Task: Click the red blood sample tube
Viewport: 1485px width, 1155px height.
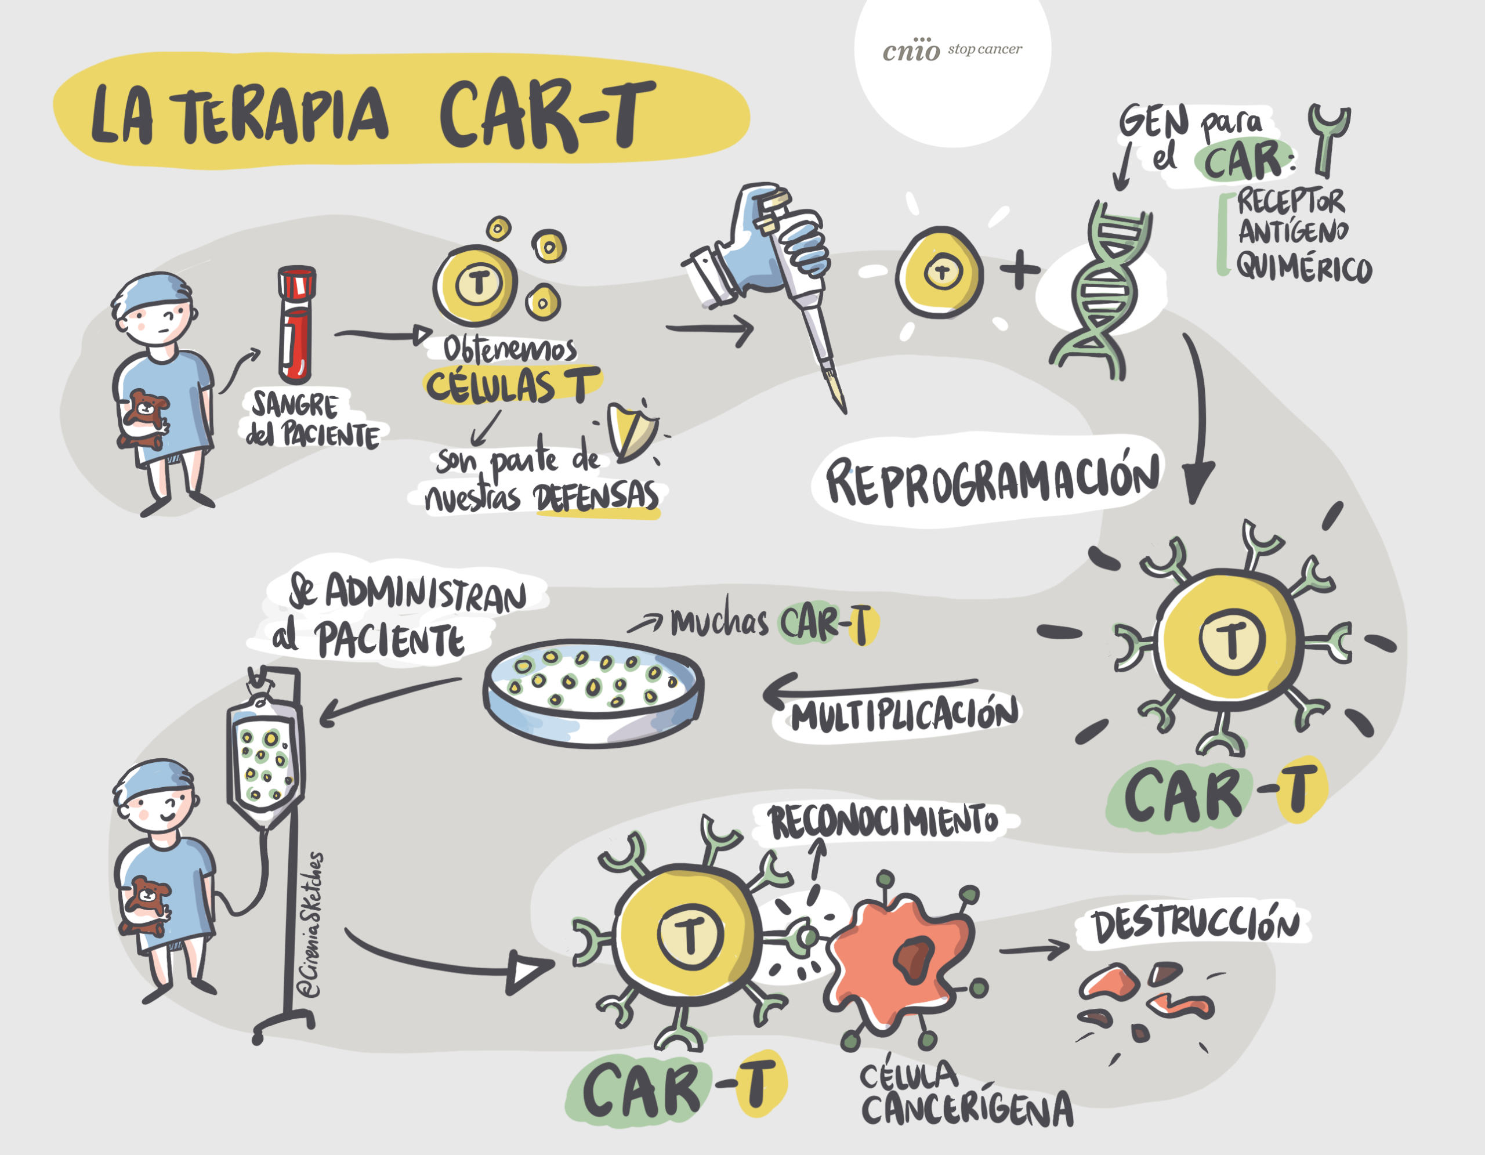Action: [296, 325]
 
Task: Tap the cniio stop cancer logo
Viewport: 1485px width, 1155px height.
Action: [951, 50]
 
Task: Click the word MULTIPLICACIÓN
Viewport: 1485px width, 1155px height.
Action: [904, 716]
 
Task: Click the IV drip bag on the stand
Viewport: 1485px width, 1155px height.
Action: [265, 761]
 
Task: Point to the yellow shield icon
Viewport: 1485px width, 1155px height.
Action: [631, 431]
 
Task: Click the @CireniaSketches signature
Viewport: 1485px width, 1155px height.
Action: [312, 925]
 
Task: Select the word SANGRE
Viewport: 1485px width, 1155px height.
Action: [295, 406]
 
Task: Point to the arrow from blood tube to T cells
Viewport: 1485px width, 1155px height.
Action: [383, 334]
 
